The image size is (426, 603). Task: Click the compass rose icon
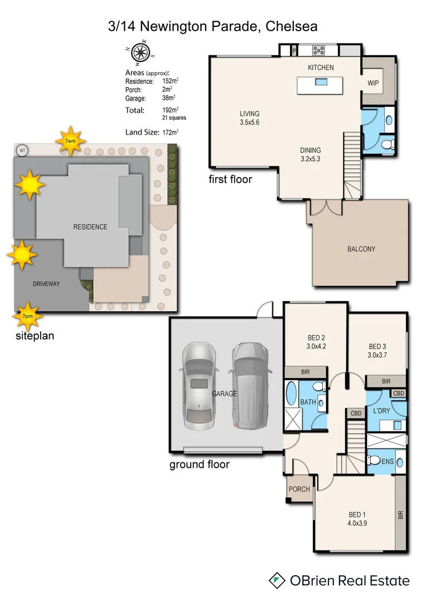(x=140, y=52)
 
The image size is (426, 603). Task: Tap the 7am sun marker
(x=71, y=143)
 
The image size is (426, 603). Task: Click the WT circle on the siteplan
(x=22, y=150)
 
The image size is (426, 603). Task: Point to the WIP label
(x=373, y=83)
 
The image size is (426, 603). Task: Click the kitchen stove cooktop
(x=320, y=50)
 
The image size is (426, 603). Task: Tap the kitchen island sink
(x=321, y=82)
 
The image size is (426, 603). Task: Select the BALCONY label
(x=361, y=249)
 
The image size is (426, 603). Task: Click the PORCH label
(x=299, y=489)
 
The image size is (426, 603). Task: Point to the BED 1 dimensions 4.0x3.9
(x=357, y=523)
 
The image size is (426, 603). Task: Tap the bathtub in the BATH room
(x=292, y=394)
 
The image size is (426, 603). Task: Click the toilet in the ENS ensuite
(x=374, y=461)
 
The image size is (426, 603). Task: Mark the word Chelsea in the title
(x=292, y=26)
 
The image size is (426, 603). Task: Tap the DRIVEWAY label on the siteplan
(x=46, y=284)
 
